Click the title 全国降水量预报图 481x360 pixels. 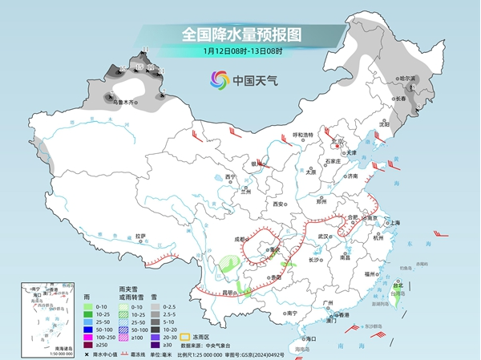pyautogui.click(x=240, y=35)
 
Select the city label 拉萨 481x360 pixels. pyautogui.click(x=140, y=236)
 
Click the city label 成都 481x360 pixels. pyautogui.click(x=240, y=239)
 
